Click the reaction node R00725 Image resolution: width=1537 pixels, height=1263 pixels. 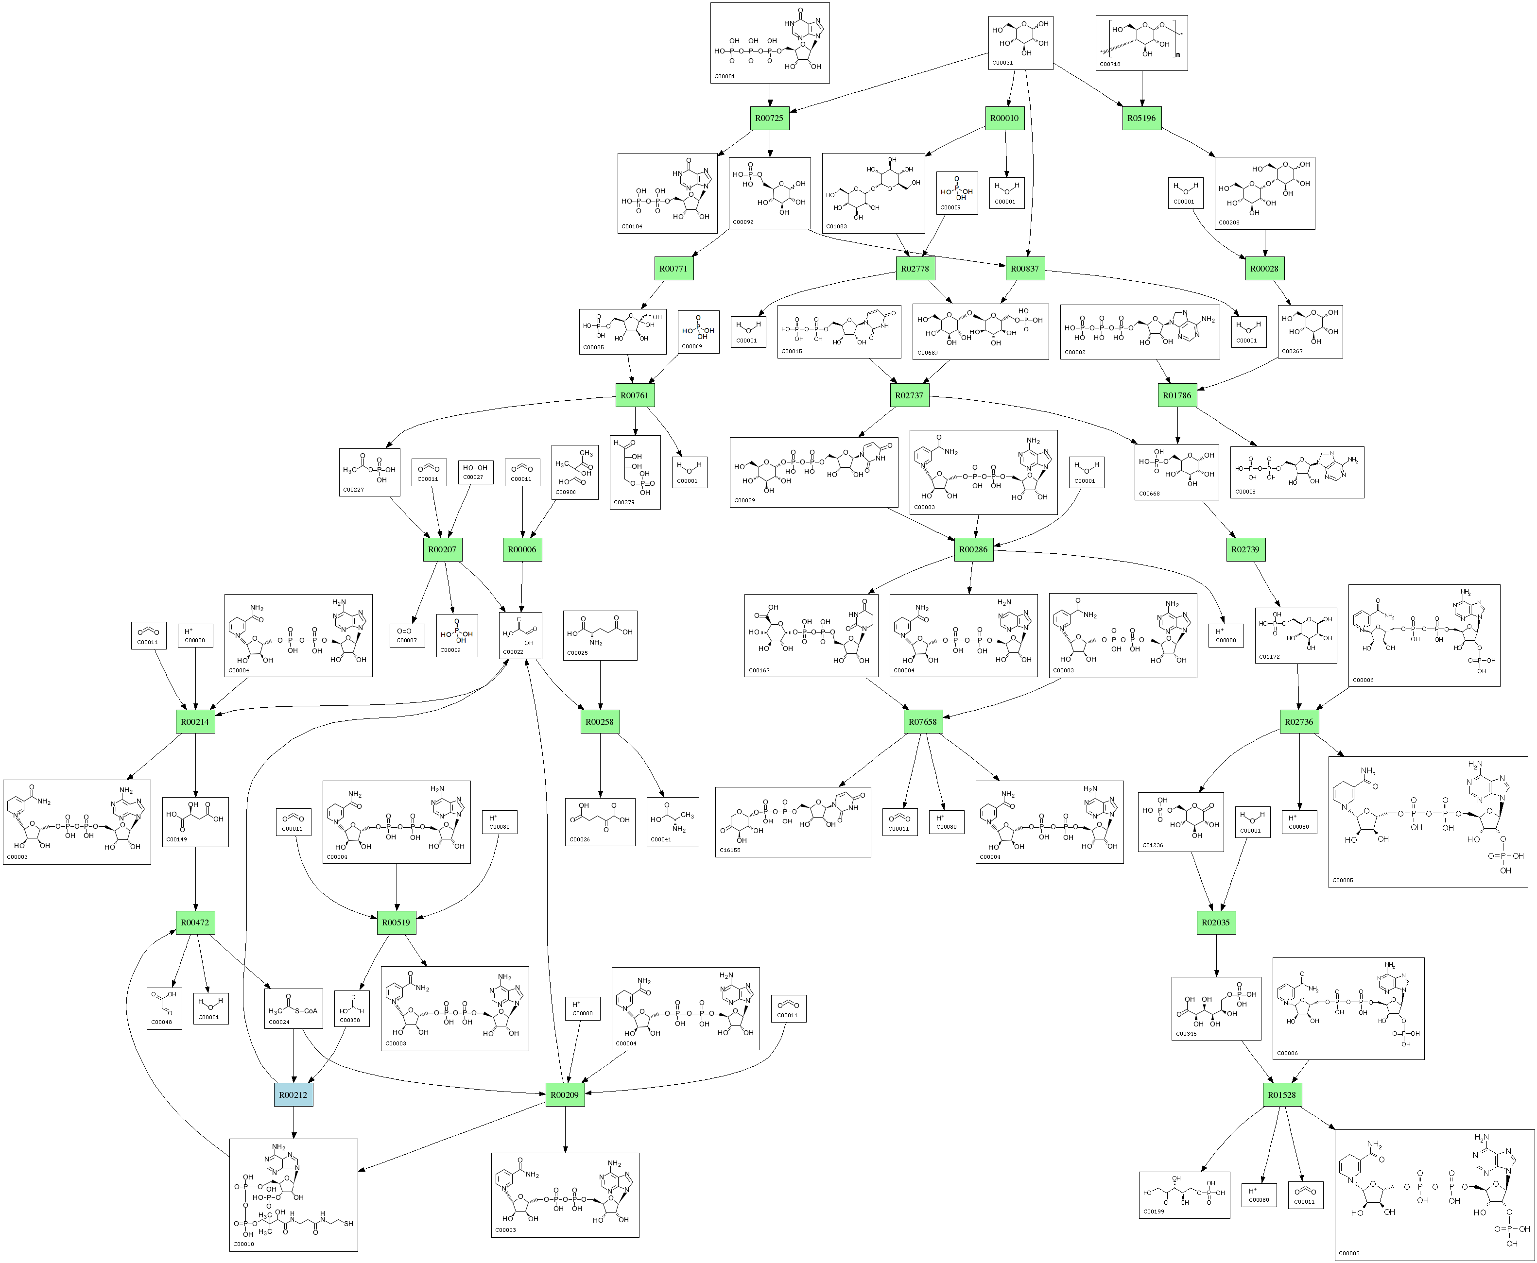coord(769,118)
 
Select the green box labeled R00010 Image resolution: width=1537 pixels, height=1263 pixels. coord(1005,118)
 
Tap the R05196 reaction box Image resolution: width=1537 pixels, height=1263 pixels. coord(1141,118)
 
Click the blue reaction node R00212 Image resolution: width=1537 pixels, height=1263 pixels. coord(294,1094)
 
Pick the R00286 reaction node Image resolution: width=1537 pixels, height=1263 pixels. coord(974,549)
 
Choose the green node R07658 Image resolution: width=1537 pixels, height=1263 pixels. coord(923,722)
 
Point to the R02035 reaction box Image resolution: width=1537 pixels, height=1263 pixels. coord(1215,922)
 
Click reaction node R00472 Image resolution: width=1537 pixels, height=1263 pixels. coord(195,922)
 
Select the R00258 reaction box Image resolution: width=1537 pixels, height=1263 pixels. coord(600,722)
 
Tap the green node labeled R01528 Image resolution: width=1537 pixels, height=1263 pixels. coord(1281,1094)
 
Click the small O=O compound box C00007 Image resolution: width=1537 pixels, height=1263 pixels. coord(407,635)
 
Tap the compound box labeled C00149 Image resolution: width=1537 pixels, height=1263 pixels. coord(195,822)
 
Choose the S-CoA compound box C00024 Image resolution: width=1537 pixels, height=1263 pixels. coord(294,1008)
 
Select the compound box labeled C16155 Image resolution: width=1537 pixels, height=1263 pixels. coord(793,822)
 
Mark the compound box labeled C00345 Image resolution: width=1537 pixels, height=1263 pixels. coord(1215,1008)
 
